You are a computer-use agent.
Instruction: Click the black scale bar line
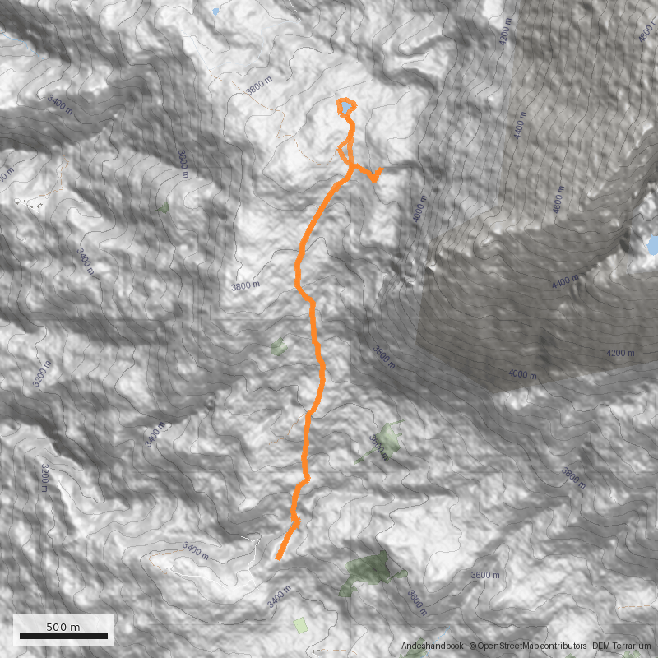pyautogui.click(x=63, y=636)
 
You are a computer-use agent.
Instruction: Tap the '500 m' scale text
pyautogui.click(x=63, y=627)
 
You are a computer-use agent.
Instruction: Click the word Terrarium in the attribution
pyautogui.click(x=633, y=646)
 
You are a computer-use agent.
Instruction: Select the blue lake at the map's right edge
pyautogui.click(x=652, y=245)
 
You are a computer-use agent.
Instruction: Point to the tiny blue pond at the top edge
pyautogui.click(x=216, y=12)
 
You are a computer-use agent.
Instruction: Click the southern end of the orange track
pyautogui.click(x=278, y=559)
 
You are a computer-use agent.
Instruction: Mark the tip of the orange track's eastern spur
pyautogui.click(x=381, y=169)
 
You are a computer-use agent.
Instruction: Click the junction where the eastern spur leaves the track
pyautogui.click(x=353, y=168)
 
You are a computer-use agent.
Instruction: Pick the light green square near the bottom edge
pyautogui.click(x=300, y=625)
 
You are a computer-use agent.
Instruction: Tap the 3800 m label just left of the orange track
pyautogui.click(x=245, y=285)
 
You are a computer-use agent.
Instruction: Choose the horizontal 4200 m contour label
pyautogui.click(x=620, y=354)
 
